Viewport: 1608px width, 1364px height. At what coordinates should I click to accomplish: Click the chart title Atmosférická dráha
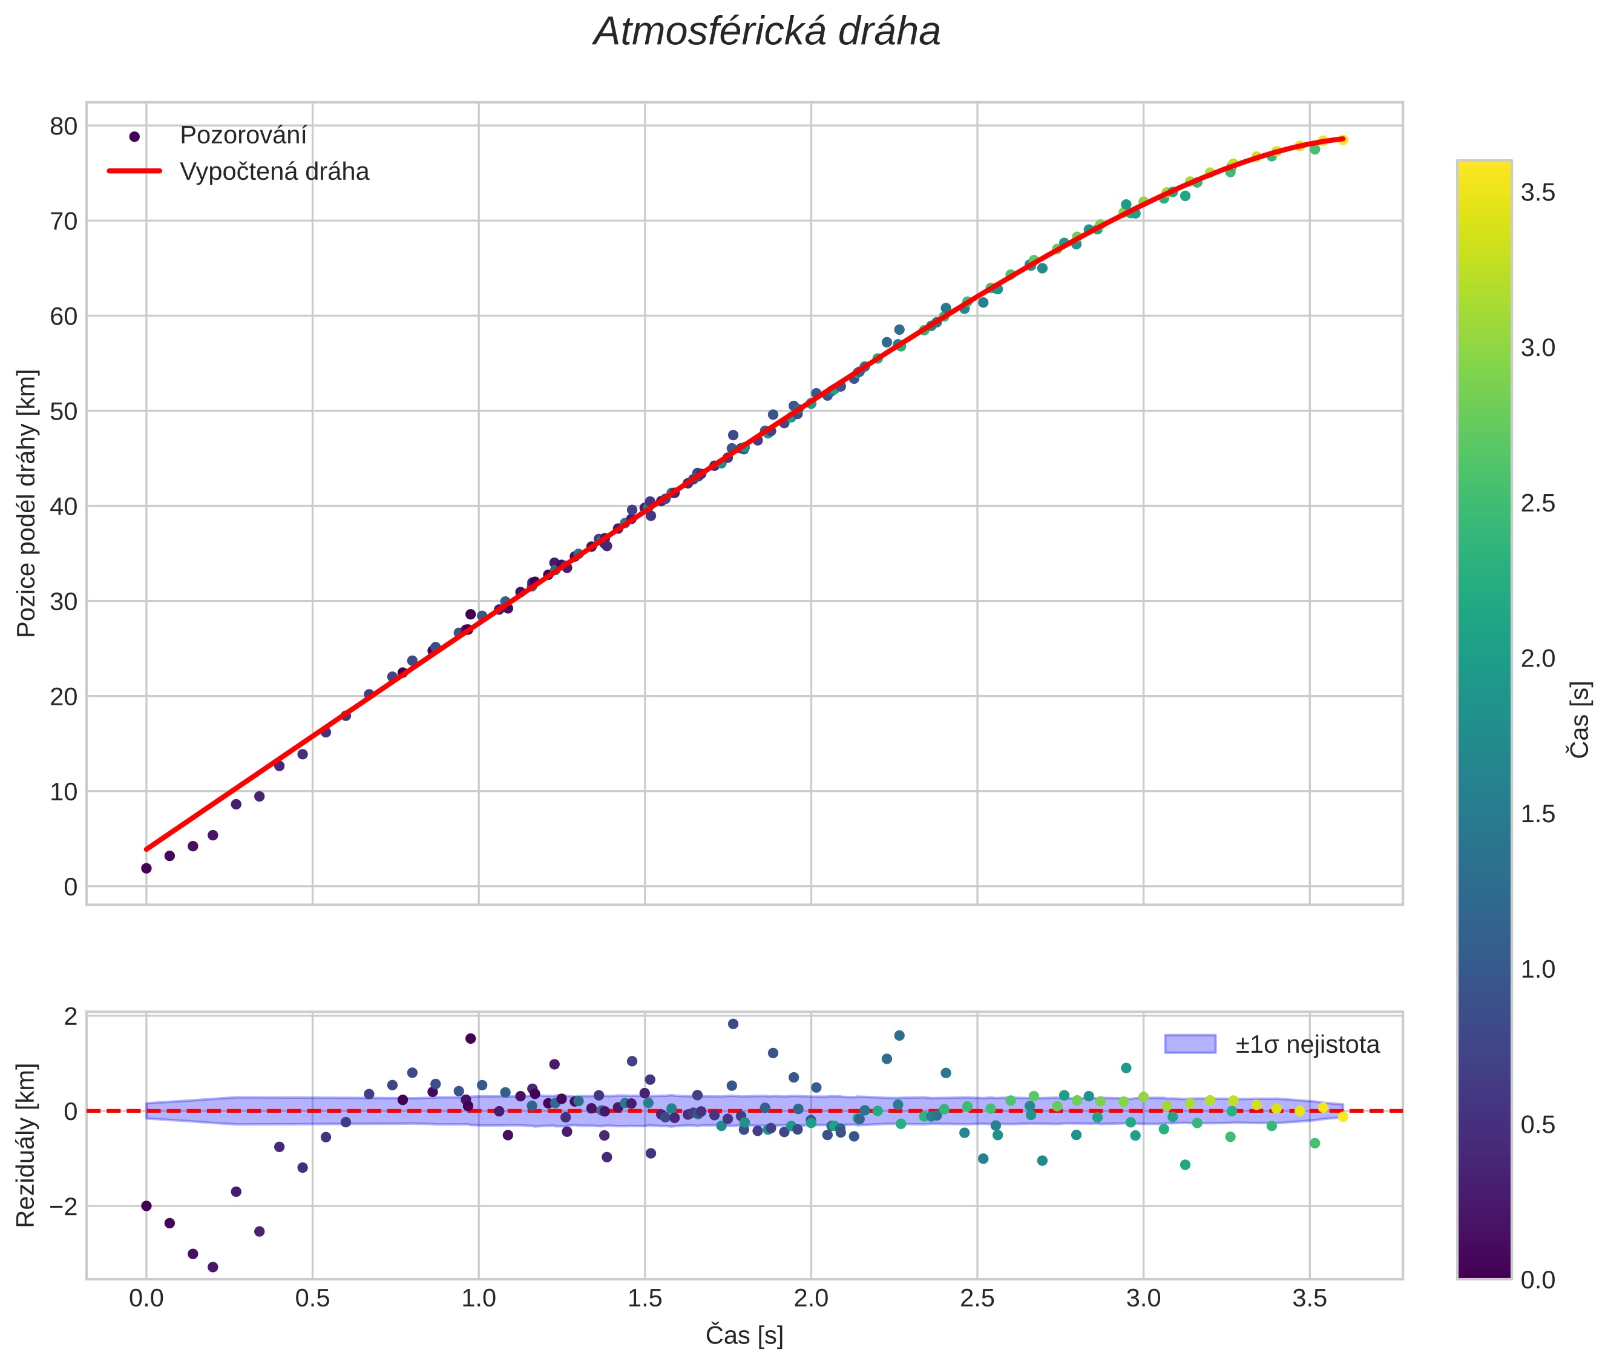(766, 33)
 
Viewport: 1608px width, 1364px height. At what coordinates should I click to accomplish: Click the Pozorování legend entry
(243, 136)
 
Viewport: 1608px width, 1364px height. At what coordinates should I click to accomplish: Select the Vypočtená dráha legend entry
(274, 172)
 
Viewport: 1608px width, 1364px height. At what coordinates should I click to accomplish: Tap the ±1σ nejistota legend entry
(1307, 1045)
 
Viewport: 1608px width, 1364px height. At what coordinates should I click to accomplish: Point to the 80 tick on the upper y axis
(64, 126)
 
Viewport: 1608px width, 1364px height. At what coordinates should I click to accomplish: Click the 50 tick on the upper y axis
(64, 411)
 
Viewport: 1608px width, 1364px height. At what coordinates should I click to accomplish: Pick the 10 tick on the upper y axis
(64, 792)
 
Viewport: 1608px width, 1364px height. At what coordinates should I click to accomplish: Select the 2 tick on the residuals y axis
(71, 1016)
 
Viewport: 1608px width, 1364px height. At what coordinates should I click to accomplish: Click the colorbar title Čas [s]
(1581, 720)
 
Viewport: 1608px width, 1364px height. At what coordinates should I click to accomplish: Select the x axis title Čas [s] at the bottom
(744, 1336)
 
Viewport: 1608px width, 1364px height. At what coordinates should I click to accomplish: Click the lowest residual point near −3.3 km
(212, 1267)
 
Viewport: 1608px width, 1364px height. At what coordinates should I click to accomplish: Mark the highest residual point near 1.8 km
(733, 1024)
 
